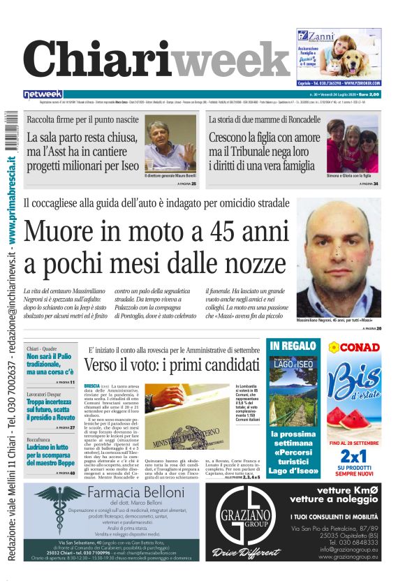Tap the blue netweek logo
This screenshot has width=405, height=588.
[43, 94]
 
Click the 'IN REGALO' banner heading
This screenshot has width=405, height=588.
[293, 346]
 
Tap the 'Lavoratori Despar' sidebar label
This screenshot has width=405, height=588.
[44, 392]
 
